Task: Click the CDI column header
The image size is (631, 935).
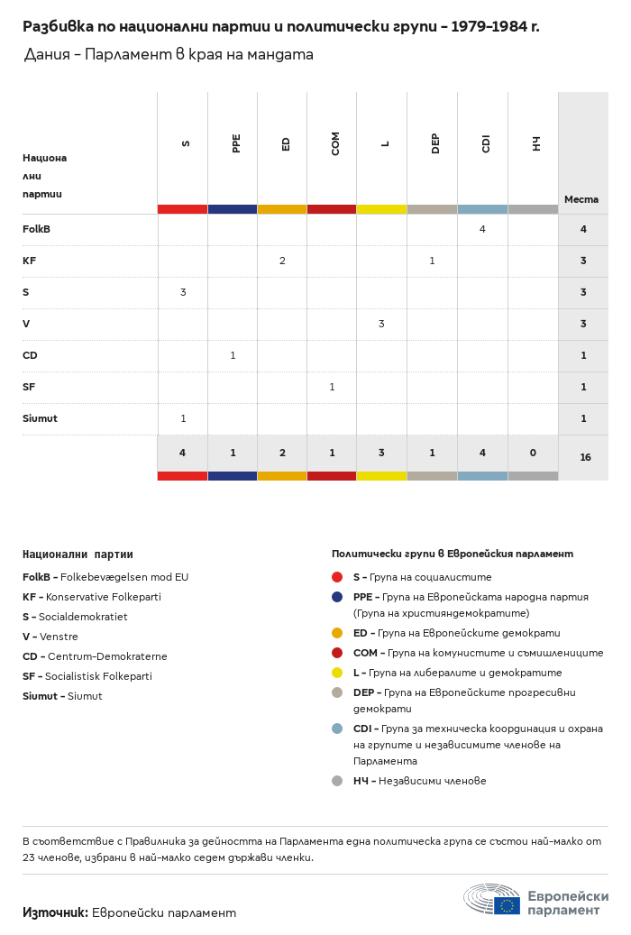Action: (486, 143)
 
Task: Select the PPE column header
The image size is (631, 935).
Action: (236, 143)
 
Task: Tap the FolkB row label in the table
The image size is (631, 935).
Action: (36, 229)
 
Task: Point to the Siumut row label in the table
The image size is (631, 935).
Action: (40, 418)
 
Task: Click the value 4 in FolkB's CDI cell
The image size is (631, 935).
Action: (482, 229)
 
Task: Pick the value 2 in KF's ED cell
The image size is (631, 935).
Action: (282, 261)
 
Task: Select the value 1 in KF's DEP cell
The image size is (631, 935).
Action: (432, 261)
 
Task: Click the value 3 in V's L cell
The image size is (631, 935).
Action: (381, 324)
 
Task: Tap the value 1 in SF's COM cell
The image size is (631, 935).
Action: (332, 387)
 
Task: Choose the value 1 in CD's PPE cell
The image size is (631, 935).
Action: (233, 355)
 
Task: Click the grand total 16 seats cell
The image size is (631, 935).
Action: (585, 457)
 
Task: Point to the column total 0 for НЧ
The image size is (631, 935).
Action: (533, 453)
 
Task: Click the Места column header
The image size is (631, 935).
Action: (581, 199)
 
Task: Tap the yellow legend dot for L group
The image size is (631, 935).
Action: (337, 673)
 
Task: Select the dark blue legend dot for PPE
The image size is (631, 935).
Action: (337, 597)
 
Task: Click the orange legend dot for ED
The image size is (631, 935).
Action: (337, 633)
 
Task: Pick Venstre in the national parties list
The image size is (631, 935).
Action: (59, 637)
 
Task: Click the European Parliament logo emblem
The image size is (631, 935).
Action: (492, 900)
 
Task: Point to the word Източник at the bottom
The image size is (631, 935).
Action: (55, 912)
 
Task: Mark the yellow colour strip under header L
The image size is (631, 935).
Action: (381, 209)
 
